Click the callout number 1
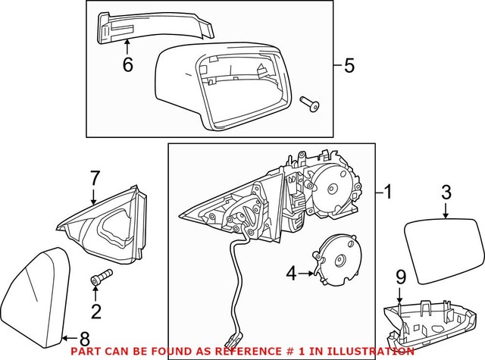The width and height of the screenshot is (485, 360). (388, 192)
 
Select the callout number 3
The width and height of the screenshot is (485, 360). (446, 192)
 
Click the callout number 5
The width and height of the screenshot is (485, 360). (348, 66)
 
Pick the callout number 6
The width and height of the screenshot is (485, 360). (127, 65)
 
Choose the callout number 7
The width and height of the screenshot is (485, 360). (95, 180)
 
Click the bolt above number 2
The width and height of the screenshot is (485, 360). (99, 278)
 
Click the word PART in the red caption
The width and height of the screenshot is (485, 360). (85, 352)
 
